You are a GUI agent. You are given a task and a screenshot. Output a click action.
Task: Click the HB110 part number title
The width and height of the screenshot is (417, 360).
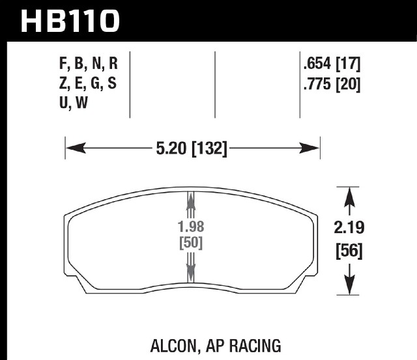click(70, 21)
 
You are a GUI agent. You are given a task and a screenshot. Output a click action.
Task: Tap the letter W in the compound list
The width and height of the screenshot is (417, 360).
click(81, 103)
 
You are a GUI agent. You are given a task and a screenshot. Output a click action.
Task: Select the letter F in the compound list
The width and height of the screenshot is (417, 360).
click(63, 64)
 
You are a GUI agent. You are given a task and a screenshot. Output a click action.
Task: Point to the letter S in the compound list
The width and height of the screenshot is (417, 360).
click(112, 83)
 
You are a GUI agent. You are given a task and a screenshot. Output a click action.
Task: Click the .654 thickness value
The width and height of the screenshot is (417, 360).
click(317, 64)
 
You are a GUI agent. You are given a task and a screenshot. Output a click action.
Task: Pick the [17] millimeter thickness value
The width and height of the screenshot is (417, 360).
click(348, 64)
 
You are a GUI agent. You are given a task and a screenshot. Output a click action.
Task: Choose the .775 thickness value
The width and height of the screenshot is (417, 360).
click(317, 84)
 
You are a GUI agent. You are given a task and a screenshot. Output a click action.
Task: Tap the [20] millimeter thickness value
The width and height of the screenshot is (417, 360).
click(348, 85)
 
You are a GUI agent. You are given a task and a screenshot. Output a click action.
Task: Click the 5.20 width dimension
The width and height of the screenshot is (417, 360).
click(171, 148)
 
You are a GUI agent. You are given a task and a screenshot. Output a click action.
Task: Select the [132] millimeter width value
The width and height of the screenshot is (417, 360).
click(210, 148)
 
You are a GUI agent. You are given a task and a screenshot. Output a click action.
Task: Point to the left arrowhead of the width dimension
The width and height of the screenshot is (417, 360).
click(76, 148)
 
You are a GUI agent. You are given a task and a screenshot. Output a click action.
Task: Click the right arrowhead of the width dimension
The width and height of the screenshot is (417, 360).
click(309, 148)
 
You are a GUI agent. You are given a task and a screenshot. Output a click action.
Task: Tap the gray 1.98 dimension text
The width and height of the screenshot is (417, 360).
click(191, 227)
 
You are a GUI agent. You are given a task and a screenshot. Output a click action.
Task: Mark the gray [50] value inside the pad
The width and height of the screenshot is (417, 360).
click(191, 243)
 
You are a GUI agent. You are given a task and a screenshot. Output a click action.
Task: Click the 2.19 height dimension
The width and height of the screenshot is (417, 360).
click(349, 228)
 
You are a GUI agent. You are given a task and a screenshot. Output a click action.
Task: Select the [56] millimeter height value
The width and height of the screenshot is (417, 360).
click(349, 251)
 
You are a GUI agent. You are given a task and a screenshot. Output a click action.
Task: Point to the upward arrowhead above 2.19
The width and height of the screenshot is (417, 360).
click(349, 197)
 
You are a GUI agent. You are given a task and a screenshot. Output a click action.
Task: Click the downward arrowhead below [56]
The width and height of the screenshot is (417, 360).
click(349, 285)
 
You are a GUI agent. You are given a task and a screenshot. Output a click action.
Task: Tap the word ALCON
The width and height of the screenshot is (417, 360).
click(173, 346)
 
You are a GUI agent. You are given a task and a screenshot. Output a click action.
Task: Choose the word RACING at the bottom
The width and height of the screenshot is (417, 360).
click(255, 346)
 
